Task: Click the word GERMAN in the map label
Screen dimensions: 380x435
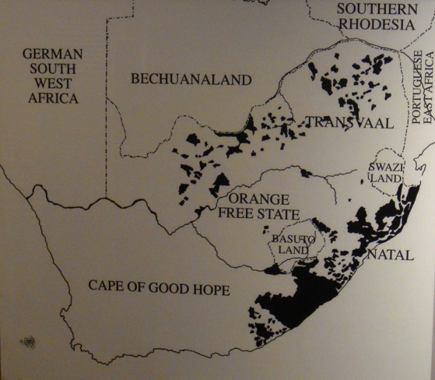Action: click(x=52, y=54)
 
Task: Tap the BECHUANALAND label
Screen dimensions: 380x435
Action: click(x=191, y=79)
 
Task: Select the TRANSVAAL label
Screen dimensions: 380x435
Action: click(x=349, y=122)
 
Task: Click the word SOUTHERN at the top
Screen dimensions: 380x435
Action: click(x=377, y=9)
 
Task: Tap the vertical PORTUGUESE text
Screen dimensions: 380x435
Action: click(x=417, y=86)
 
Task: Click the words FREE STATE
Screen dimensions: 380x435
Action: click(x=247, y=213)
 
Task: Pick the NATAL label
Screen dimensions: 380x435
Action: click(x=390, y=255)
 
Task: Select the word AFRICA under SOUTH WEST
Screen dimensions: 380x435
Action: click(x=53, y=98)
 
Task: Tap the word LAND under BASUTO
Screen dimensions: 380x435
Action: click(x=289, y=250)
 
